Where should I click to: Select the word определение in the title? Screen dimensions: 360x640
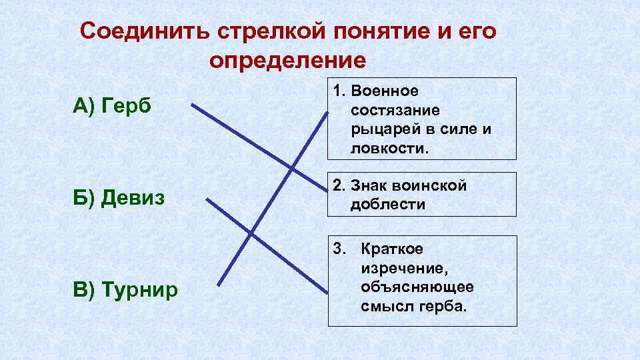pos(287,61)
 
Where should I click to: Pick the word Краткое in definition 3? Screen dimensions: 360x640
pos(392,249)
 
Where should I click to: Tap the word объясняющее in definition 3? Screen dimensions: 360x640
pos(417,287)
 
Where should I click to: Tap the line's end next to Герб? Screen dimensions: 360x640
pos(192,104)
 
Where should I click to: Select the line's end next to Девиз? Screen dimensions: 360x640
pos(206,198)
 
